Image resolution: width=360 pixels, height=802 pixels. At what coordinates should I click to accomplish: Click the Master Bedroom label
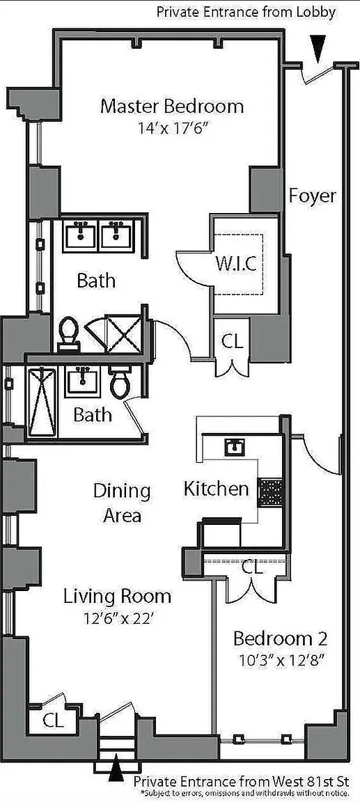[x=172, y=107]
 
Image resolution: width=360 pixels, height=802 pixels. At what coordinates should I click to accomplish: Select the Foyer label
[x=313, y=196]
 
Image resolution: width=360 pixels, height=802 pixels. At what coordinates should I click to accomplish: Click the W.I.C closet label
[x=235, y=265]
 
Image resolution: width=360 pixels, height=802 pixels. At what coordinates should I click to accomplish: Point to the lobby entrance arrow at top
[x=318, y=48]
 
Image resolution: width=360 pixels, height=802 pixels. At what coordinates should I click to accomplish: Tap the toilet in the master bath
[x=68, y=333]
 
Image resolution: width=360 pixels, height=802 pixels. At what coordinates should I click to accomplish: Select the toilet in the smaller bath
[x=120, y=382]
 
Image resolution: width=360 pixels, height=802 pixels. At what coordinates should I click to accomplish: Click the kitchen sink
[x=236, y=446]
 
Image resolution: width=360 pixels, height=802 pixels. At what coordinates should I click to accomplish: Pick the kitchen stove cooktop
[x=269, y=493]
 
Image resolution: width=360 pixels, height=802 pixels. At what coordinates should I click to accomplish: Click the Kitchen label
[x=217, y=489]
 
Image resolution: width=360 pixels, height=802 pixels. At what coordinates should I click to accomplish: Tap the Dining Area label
[x=123, y=503]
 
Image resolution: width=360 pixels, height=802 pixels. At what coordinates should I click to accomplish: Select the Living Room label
[x=117, y=597]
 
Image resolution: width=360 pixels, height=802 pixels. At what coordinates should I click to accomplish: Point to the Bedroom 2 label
[x=280, y=638]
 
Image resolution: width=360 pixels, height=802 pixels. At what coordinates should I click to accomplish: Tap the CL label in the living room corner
[x=53, y=721]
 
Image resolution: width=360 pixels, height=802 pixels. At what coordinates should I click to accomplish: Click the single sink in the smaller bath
[x=82, y=382]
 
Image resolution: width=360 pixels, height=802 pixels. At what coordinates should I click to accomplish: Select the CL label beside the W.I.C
[x=232, y=341]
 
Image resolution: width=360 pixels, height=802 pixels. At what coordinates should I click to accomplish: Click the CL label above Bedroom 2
[x=251, y=567]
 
